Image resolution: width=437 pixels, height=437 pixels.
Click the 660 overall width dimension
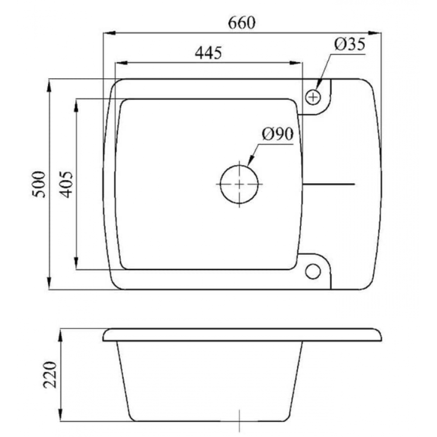[x=241, y=24]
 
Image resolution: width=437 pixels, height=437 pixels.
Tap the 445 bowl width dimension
[x=208, y=53]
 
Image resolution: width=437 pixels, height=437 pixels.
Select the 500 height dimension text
[x=39, y=184]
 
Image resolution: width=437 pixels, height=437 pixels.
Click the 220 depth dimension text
[x=50, y=375]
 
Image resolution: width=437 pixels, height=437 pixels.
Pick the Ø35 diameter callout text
[x=350, y=44]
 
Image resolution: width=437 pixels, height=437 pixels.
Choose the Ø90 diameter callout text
[x=278, y=134]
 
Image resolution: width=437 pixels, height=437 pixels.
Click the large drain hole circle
[x=239, y=184]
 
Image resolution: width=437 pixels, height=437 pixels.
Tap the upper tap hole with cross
[x=313, y=97]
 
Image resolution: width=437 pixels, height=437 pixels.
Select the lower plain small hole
[x=313, y=271]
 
